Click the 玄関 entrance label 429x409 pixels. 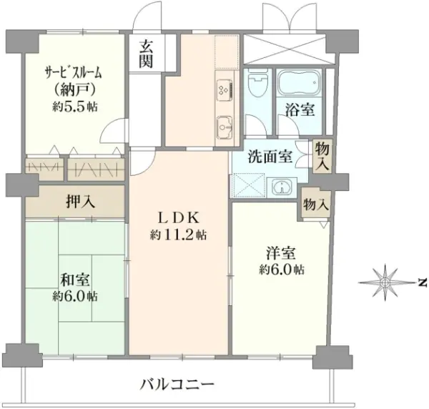pos(145,54)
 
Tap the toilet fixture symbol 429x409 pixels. pos(257,83)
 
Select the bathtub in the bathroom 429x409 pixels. pos(299,82)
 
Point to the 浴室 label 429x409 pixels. pos(300,110)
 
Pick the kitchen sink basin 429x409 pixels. pos(225,127)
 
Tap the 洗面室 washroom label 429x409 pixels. pos(270,157)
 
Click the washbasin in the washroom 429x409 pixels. pos(282,187)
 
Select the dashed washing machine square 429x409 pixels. pos(248,185)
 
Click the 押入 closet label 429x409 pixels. pos(80,202)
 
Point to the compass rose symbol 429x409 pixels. pos(385,282)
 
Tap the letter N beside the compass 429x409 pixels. pos(423,283)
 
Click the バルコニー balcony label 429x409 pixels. pos(177,385)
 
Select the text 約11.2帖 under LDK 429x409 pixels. pos(178,235)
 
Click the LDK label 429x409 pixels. pos(178,218)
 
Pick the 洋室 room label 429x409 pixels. pos(281,253)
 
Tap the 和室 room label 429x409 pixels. pos(75,280)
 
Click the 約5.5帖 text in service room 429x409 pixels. pos(75,107)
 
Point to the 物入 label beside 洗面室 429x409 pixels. pos(322,157)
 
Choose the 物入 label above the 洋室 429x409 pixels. pos(316,204)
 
